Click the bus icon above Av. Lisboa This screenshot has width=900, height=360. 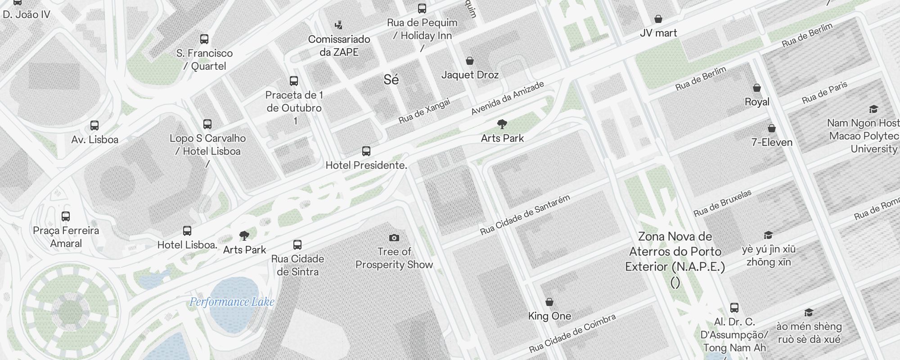pos(94,126)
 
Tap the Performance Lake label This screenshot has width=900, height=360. pos(232,302)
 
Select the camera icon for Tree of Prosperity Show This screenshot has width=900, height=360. pos(394,238)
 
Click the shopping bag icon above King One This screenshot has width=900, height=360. pos(549,302)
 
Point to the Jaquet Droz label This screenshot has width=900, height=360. pos(470,75)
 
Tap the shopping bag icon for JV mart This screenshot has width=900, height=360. pos(658,19)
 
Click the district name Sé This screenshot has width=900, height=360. pos(391,80)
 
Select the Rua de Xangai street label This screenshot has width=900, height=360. pos(424,111)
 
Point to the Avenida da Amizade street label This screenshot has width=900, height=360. pos(507,98)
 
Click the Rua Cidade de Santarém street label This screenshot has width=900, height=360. pos(525,215)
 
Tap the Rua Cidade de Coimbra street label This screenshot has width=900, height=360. pos(572,333)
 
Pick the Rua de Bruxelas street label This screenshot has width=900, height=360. pos(722,203)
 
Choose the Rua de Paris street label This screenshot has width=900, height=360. pos(824,93)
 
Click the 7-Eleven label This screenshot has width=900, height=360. pos(772,142)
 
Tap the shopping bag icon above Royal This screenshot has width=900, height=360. pos(757,88)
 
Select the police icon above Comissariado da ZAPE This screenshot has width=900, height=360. pos(339,25)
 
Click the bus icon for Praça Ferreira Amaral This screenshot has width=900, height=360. pos(66,216)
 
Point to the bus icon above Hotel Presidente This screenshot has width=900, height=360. pos(366,151)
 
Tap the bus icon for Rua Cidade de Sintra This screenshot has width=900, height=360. pos(297,245)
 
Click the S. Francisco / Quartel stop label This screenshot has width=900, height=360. pos(204,59)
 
